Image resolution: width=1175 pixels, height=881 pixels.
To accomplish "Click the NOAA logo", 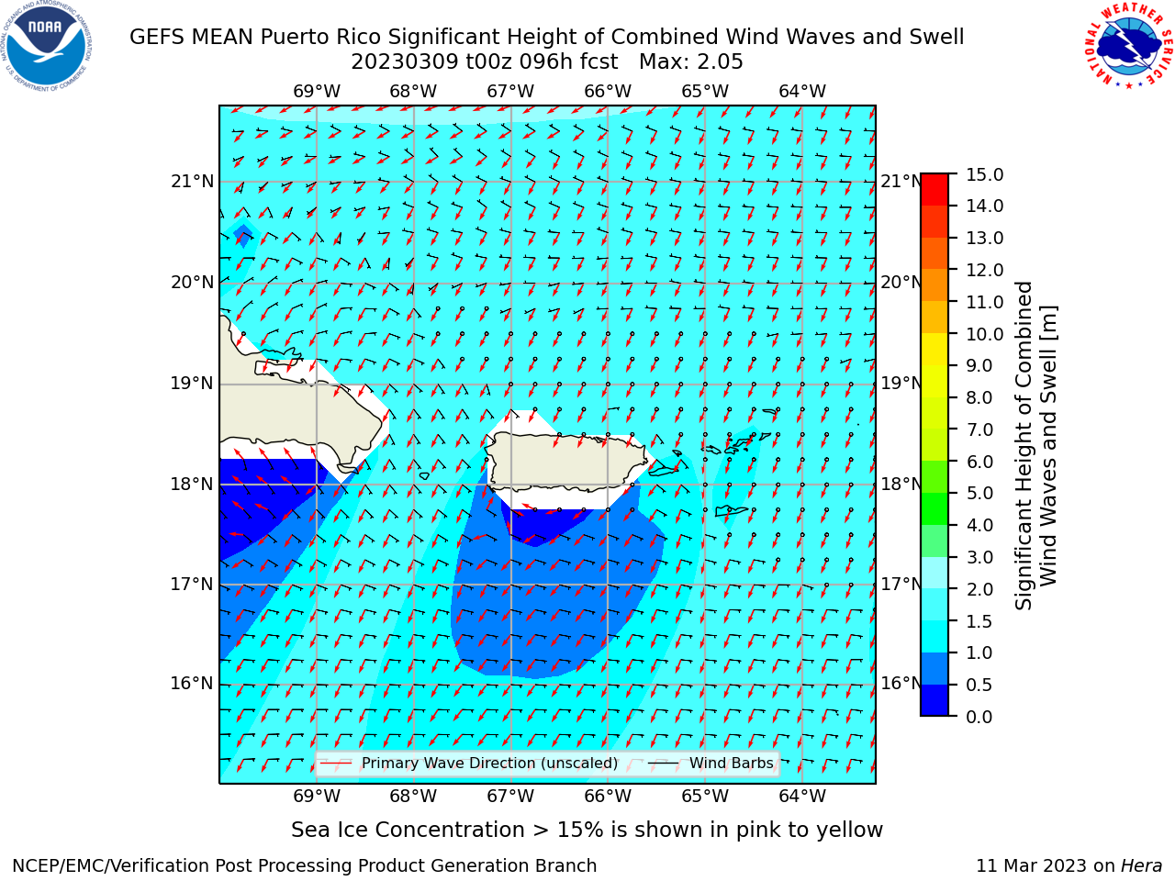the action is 47,46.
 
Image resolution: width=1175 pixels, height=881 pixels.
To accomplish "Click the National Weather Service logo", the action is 1128,45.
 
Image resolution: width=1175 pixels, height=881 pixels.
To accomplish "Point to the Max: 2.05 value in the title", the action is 690,62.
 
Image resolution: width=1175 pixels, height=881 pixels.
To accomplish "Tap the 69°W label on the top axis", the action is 317,92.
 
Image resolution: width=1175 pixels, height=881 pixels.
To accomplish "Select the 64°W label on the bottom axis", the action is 802,796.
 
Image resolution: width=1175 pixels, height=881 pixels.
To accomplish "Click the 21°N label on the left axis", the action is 192,182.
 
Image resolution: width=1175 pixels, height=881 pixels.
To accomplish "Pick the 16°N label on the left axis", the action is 192,684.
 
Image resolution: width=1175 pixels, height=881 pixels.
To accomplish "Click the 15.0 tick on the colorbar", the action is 984,175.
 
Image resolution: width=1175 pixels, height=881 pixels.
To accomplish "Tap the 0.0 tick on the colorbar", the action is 979,717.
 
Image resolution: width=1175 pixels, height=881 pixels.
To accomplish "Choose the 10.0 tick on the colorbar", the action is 984,334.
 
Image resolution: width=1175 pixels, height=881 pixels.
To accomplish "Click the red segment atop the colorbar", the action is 934,190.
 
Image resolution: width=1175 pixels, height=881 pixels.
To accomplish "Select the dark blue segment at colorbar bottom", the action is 934,700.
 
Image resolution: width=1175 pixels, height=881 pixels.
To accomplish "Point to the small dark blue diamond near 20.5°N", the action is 243,235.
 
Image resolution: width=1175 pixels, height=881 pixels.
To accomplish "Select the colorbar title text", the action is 1035,446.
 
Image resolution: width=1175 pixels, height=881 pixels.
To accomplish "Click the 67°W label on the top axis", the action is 510,92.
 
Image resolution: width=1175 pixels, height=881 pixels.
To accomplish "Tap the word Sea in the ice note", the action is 308,830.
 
